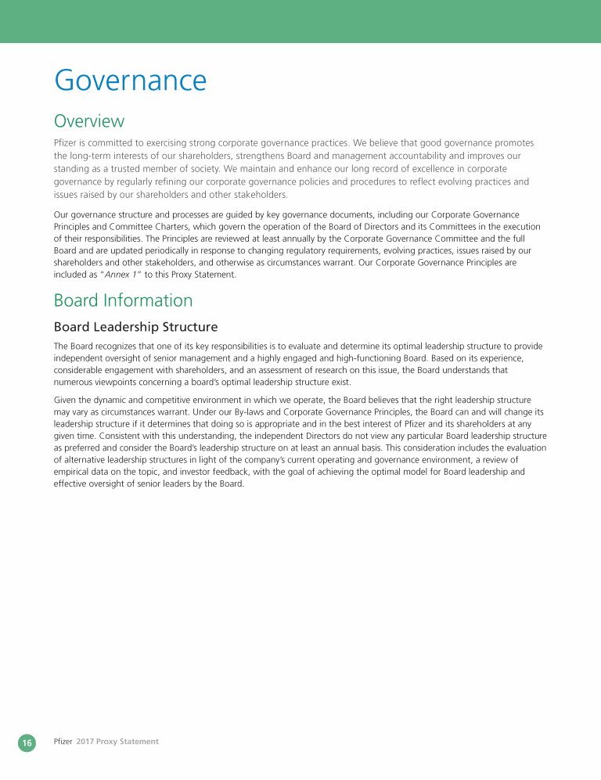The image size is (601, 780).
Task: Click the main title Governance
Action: click(130, 81)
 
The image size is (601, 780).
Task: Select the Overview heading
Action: click(88, 121)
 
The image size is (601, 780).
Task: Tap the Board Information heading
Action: click(123, 300)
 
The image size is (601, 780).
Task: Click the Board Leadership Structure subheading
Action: click(135, 326)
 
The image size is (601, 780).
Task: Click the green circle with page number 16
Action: click(27, 742)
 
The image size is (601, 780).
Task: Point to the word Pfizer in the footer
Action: click(63, 742)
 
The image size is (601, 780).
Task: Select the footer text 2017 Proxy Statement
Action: click(117, 742)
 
